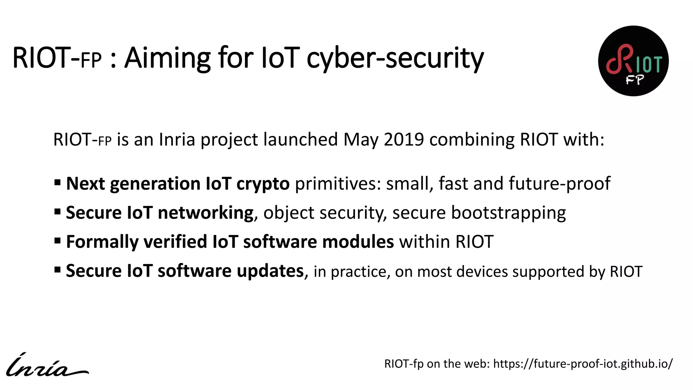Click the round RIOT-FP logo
pos(633,61)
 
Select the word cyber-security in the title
pos(395,58)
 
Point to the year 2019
pos(404,139)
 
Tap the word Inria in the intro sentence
pos(177,139)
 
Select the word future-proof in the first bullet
pos(559,184)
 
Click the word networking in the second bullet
pos(206,213)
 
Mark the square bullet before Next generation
pos(58,183)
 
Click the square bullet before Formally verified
pos(58,241)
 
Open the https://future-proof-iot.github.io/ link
pos(583,364)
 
